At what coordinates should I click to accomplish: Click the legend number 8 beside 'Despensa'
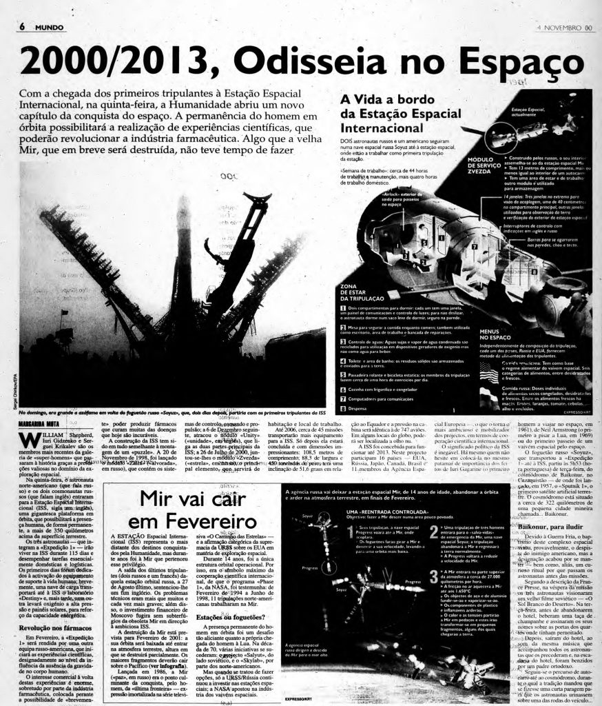click(343, 408)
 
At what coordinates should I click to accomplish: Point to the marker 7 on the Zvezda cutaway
click(454, 244)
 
